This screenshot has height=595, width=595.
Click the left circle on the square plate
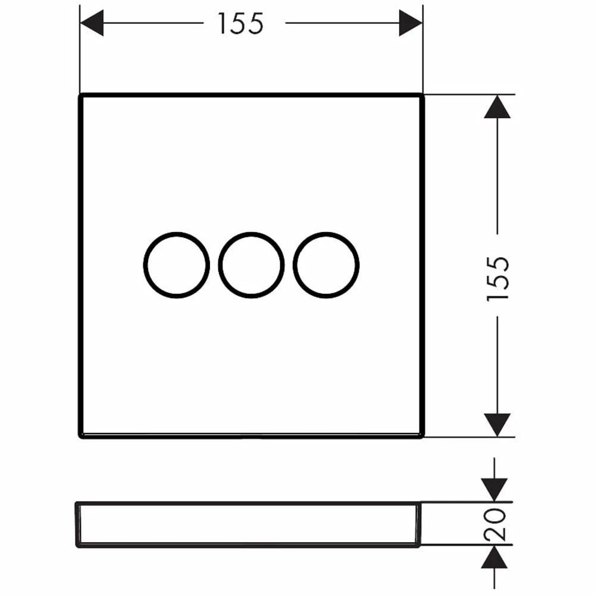[177, 265]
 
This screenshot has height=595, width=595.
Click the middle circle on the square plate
[251, 265]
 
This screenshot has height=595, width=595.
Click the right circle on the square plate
[326, 265]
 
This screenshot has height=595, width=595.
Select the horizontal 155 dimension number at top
[240, 24]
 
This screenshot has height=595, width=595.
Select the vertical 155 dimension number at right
[497, 278]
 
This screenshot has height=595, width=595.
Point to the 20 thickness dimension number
[495, 525]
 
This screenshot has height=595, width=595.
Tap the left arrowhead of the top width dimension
[92, 23]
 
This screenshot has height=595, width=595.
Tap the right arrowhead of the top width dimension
[411, 23]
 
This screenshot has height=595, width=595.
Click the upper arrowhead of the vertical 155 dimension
[497, 107]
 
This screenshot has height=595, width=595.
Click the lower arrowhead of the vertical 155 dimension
[497, 425]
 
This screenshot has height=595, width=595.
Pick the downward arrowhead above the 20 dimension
[494, 490]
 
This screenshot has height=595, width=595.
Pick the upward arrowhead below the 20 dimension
[494, 557]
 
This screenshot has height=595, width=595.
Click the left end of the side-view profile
[77, 525]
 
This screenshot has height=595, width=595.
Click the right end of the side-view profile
[421, 525]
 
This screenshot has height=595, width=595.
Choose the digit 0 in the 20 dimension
[495, 516]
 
